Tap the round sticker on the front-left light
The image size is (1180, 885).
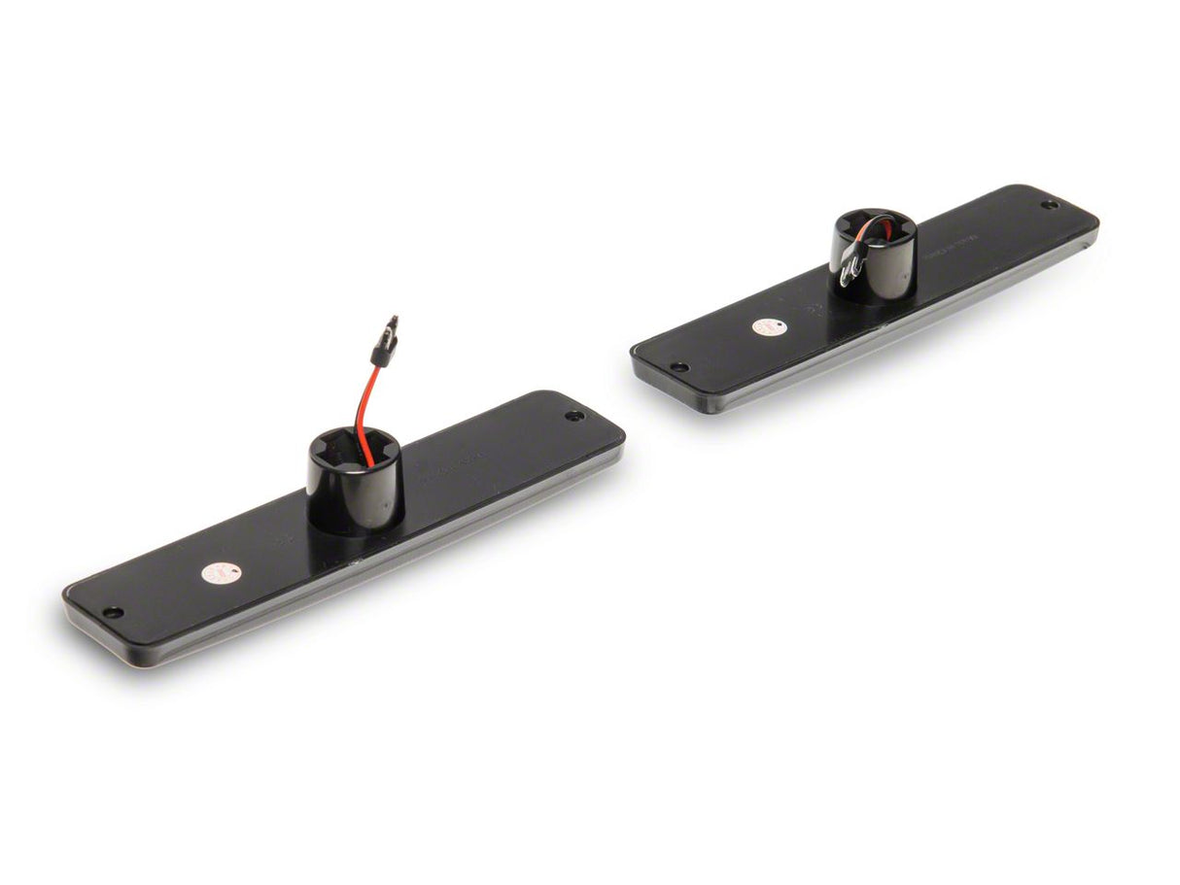215,573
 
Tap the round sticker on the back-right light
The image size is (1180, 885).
765,328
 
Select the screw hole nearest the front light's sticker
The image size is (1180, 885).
113,613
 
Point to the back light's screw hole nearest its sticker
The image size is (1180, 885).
679,367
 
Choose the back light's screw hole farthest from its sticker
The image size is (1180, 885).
1048,205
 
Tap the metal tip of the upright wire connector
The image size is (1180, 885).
392,322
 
